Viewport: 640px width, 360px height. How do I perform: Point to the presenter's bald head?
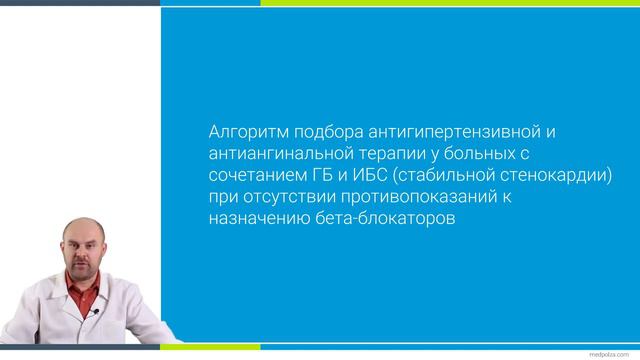point(84,228)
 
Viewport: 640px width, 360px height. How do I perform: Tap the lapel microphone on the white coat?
point(97,312)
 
